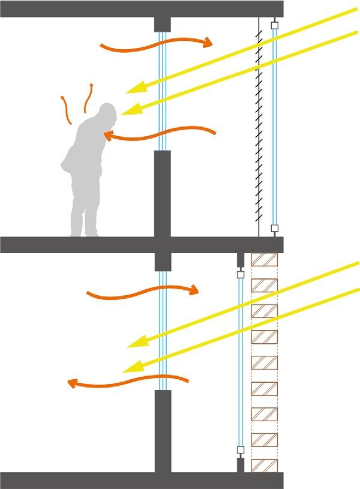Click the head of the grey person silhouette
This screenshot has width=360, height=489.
click(x=107, y=113)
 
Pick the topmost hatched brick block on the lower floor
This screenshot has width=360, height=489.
click(x=265, y=260)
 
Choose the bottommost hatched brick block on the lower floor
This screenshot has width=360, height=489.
click(x=265, y=466)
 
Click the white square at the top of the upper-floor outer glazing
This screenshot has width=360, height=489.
click(x=275, y=26)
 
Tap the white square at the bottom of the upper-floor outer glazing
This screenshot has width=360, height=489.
click(x=275, y=228)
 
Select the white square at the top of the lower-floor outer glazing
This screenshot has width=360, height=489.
click(x=241, y=274)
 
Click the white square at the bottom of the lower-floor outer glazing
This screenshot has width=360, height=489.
click(x=241, y=449)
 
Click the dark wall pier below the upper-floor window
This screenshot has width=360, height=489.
click(x=163, y=192)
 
